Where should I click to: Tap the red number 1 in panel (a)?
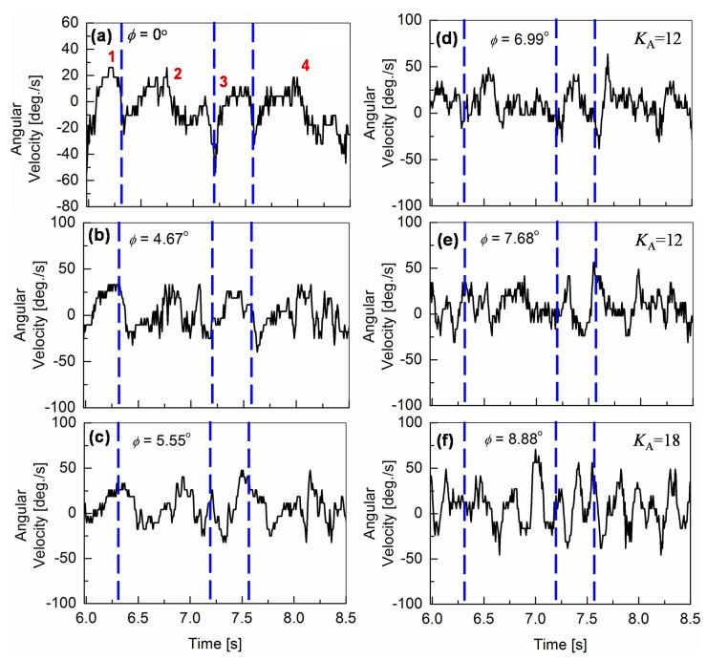[x=112, y=57]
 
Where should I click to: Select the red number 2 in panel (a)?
[x=177, y=74]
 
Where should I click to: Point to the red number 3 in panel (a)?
[x=224, y=82]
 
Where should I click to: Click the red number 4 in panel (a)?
[x=305, y=65]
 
